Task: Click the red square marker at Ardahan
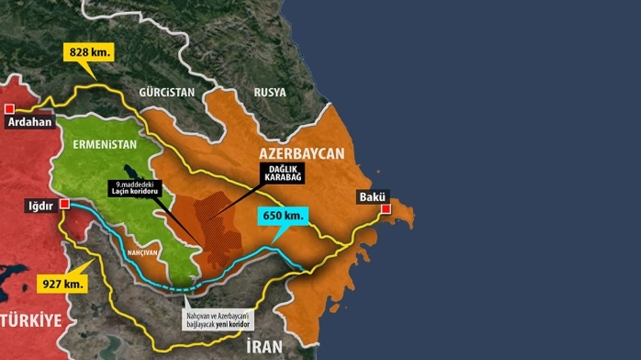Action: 9,109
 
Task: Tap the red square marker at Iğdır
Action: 65,204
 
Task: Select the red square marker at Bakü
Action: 386,209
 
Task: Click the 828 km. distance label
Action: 89,52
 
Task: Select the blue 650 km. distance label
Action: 283,217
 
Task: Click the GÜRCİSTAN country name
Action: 167,92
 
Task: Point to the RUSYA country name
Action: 269,92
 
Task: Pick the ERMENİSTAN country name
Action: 105,145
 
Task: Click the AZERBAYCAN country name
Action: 302,154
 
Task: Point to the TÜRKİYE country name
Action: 31,321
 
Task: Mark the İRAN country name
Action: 264,347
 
